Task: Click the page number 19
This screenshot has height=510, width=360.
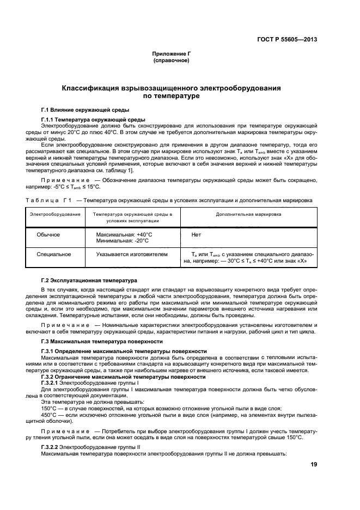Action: [314, 464]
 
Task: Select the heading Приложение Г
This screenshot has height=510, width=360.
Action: [172, 54]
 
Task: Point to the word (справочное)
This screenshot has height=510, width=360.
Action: [172, 60]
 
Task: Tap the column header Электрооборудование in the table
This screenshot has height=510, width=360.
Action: [55, 215]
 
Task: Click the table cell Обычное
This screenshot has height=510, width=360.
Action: [48, 235]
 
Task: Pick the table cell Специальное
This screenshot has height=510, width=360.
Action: [52, 254]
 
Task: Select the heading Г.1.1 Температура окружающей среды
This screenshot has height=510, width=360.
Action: [93, 119]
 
